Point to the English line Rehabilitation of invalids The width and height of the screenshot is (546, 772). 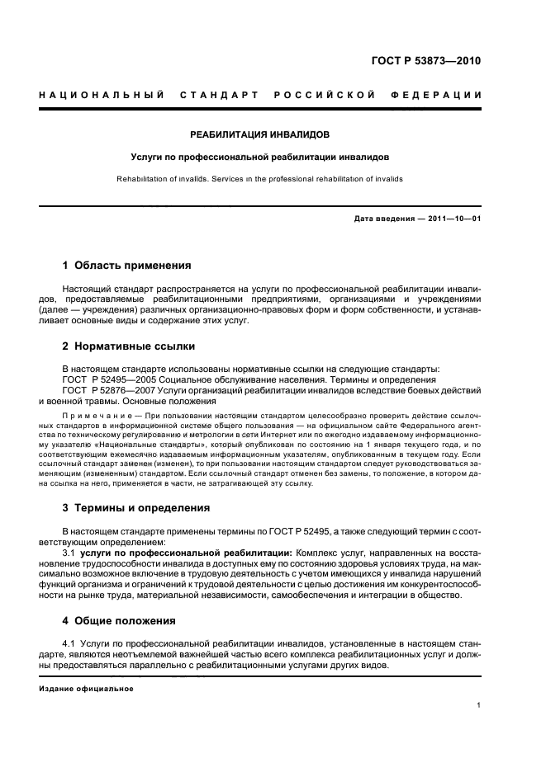click(161, 178)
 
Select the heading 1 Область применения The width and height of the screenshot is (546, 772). click(127, 266)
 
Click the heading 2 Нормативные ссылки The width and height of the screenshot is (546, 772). click(129, 346)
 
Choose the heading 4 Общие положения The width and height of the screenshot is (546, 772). click(120, 620)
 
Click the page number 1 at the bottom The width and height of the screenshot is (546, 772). click(479, 705)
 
